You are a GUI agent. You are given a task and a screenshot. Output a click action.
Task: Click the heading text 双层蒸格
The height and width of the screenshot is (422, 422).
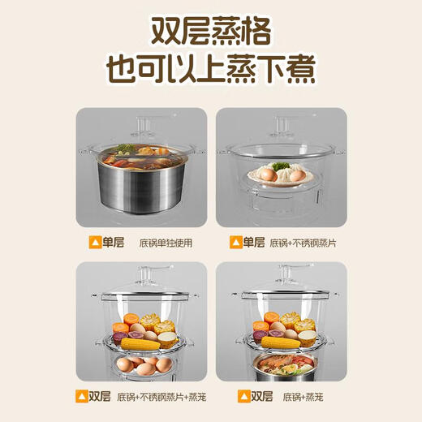point(210,33)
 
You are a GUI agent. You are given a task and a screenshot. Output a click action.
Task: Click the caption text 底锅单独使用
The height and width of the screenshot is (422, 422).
point(166,242)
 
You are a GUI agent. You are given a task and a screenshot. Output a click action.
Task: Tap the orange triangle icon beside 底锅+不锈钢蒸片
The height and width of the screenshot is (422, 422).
point(237,242)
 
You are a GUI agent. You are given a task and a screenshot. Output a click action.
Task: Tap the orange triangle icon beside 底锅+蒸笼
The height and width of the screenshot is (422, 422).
point(243,397)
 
